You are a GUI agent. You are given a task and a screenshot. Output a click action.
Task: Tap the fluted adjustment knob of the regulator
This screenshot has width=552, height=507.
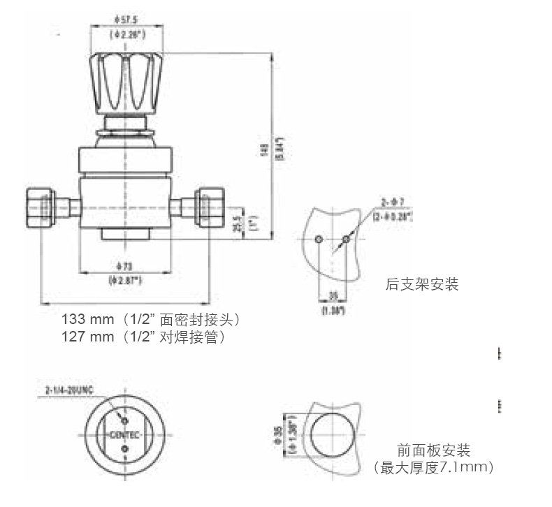pos(126,82)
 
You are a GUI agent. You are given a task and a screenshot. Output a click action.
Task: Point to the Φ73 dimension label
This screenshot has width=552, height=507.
pos(126,266)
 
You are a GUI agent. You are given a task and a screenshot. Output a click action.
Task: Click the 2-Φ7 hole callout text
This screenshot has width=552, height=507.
pos(393,203)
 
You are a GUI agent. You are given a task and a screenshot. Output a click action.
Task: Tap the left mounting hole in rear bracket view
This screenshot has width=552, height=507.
pos(319,240)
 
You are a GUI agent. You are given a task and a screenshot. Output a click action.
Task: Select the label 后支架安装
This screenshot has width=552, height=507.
pos(422,284)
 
